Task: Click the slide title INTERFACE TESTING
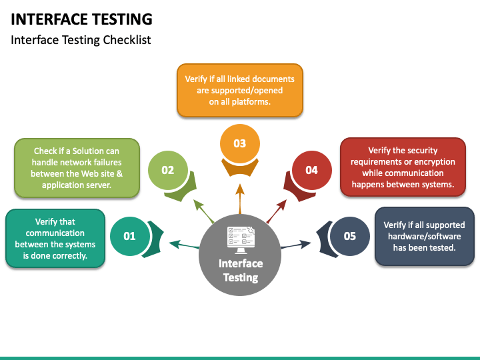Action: (x=81, y=19)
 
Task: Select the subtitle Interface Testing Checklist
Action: (x=81, y=40)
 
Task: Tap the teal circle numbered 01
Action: (x=129, y=236)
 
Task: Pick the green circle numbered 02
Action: (x=167, y=170)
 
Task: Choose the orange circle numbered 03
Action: (x=239, y=143)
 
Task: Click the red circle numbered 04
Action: (x=311, y=170)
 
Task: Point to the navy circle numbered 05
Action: (x=349, y=236)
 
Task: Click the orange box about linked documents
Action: (x=239, y=90)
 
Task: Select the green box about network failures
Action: (x=76, y=168)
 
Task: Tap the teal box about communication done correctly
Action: (x=55, y=239)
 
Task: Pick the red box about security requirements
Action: (x=403, y=167)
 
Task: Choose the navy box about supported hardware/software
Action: (x=424, y=236)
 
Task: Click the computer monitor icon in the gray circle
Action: (x=240, y=237)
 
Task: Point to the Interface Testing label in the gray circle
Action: (x=240, y=270)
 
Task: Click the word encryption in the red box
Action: (x=433, y=162)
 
